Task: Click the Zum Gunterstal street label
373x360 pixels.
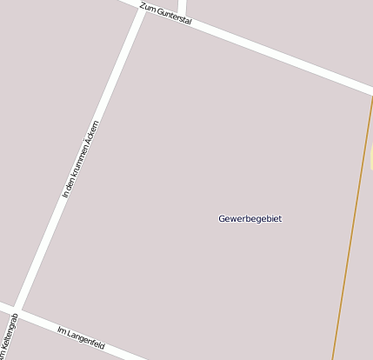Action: pos(165,13)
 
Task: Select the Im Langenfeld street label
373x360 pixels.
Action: pos(81,337)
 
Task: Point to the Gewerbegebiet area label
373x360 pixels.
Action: pos(250,218)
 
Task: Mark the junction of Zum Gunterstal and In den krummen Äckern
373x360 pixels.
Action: pos(142,10)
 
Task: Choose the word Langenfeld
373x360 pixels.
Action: pos(86,339)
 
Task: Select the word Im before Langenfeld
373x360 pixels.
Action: pos(61,330)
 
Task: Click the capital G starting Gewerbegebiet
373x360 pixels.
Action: pos(222,218)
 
